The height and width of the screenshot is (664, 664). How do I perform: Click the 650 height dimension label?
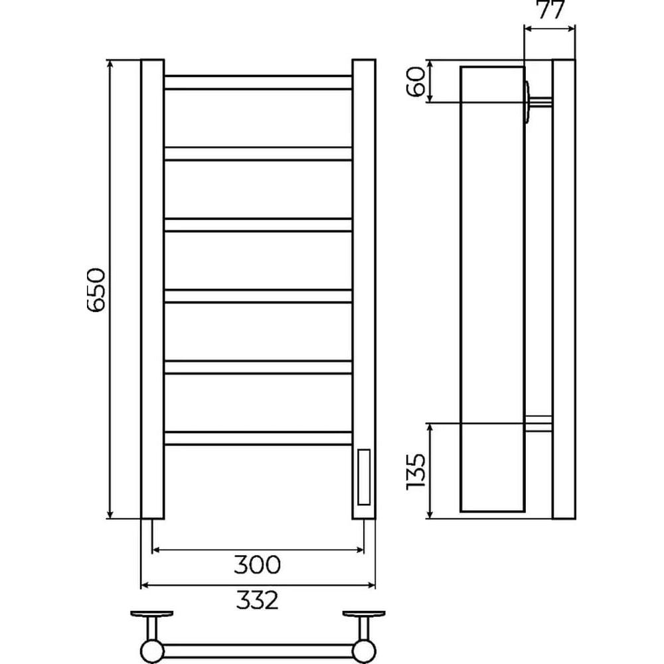pos(95,290)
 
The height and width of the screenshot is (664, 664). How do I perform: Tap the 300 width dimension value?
pos(258,564)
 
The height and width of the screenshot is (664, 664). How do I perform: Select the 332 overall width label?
pos(258,600)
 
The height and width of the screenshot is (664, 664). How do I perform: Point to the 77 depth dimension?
pos(551,9)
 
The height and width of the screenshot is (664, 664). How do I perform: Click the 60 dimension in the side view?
pos(415,81)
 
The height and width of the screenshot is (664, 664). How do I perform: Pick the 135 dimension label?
pos(415,471)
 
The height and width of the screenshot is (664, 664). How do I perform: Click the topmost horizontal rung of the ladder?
pos(258,82)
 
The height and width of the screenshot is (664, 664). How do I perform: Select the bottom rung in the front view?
pos(258,438)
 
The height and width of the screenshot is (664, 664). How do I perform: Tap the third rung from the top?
pos(258,224)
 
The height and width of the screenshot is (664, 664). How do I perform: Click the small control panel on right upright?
pos(364,477)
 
